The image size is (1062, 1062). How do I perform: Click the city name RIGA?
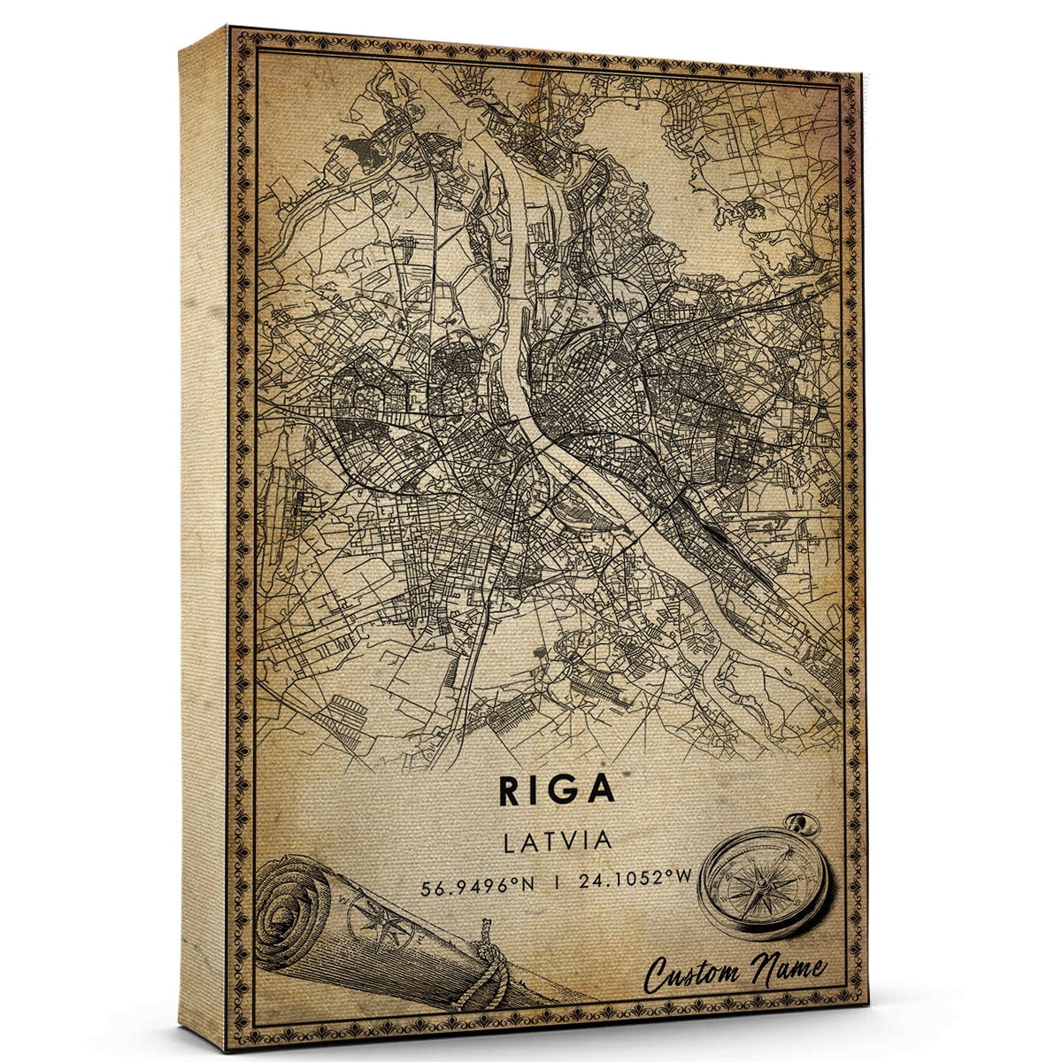coord(555,790)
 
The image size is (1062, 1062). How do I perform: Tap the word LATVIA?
coord(557,840)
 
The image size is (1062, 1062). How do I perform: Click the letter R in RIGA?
coord(513,790)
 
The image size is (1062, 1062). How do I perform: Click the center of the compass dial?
coord(762,882)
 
